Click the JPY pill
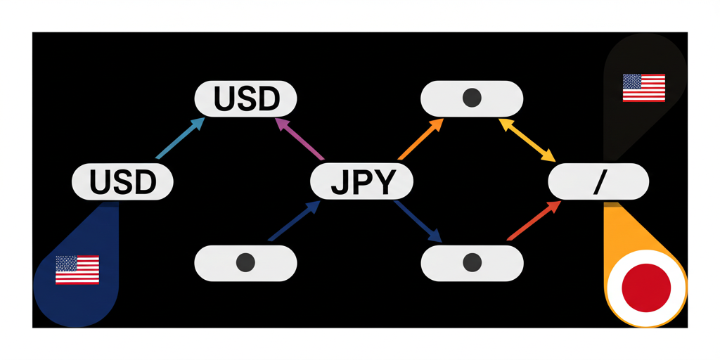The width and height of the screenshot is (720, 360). coord(361,183)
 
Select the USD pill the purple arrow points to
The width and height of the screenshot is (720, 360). coord(245,99)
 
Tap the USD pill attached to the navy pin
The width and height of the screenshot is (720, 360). coord(122,183)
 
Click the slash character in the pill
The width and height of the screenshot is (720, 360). coord(598,183)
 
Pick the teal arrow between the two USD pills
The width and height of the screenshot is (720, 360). coord(179,138)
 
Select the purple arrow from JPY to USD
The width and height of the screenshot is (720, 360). coord(298,139)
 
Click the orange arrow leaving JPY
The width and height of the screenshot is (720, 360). coord(420,139)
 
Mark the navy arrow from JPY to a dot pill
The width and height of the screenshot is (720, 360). coord(419,221)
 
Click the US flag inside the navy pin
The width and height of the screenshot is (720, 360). coord(77,270)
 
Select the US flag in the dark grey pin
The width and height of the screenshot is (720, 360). coord(643,88)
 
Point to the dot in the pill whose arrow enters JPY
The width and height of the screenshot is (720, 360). coord(245,263)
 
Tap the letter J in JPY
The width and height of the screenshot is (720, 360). coord(340,183)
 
